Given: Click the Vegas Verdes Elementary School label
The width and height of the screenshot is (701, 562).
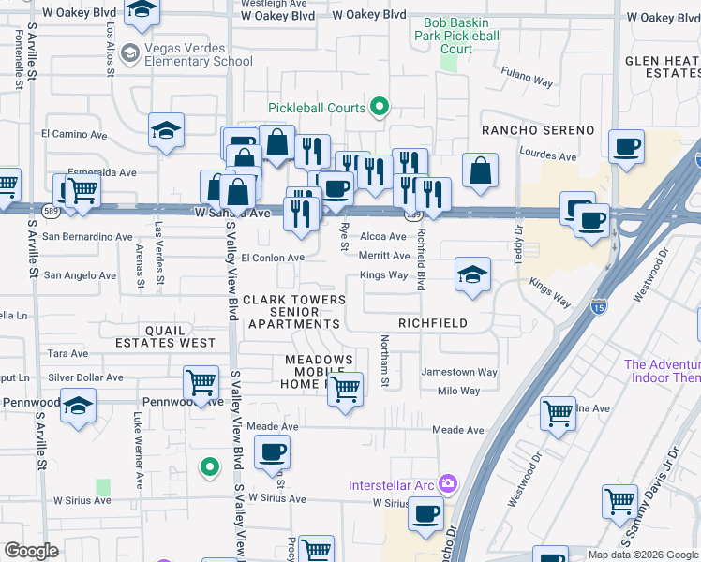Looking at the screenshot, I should [x=198, y=54].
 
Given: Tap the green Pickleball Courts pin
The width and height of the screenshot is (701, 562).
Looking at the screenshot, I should [x=380, y=108].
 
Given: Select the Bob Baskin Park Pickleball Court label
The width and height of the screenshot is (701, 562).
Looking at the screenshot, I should [x=455, y=36].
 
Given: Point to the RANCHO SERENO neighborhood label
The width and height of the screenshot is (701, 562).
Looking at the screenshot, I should [x=538, y=129].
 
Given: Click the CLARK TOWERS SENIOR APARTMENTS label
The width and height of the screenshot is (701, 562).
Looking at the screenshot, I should [x=294, y=312].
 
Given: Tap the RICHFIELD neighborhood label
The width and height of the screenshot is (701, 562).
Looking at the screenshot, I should [x=433, y=323].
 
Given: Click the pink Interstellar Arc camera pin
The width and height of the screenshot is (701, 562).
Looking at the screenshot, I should [x=448, y=484].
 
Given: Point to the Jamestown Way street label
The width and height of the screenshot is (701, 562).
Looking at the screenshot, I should [x=459, y=372].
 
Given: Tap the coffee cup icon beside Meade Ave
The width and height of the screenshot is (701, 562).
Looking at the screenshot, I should [x=272, y=452].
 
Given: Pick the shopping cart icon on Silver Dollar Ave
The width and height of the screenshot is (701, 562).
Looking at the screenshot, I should [x=201, y=382].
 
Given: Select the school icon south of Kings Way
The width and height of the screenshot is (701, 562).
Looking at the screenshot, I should [x=472, y=275].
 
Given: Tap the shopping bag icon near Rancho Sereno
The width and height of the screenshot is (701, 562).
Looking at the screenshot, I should [x=480, y=170].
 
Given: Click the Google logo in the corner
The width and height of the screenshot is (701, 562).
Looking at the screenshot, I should [x=31, y=551].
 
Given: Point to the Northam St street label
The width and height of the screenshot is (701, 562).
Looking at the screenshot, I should [x=384, y=362].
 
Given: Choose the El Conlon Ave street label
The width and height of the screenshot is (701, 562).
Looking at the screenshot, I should [x=273, y=258].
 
